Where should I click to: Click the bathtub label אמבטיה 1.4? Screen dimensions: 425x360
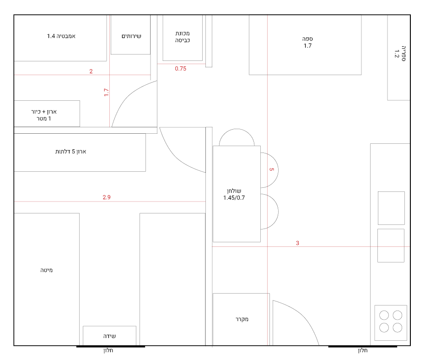61,36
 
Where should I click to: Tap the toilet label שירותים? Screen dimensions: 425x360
131,36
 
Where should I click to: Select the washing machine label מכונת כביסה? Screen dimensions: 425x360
183,37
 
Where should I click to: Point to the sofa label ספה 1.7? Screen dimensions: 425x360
307,42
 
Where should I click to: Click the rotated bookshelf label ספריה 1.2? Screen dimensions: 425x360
400,54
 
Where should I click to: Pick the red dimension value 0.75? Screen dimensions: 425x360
181,69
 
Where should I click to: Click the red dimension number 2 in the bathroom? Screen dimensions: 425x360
91,71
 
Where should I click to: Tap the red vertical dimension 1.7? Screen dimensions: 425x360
106,92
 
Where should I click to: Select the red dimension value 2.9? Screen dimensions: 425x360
107,197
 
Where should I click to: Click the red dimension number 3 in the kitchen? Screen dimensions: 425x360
298,243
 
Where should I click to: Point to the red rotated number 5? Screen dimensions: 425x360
272,169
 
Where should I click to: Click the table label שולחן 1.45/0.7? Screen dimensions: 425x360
234,194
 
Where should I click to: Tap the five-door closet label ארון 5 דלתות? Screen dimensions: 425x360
71,152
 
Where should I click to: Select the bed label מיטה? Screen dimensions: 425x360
46,270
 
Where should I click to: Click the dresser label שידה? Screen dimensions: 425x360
109,336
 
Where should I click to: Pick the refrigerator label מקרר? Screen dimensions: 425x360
242,319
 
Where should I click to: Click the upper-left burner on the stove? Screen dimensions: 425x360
384,315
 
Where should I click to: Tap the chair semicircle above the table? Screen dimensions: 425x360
237,129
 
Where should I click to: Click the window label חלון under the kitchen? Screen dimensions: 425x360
363,350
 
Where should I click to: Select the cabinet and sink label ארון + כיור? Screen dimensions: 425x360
44,112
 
